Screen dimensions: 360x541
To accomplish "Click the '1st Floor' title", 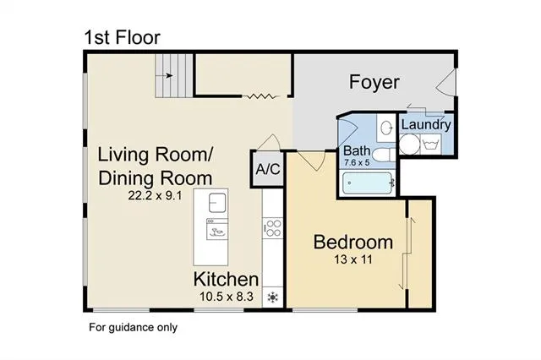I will [x=121, y=37].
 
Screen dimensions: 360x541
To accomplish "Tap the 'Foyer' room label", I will [x=374, y=82].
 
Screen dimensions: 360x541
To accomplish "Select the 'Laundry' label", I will [x=426, y=125].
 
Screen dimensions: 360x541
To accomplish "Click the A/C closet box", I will [x=267, y=167].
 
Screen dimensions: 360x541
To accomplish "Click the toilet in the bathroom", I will [x=380, y=155].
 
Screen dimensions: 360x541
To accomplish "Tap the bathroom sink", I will [x=385, y=128].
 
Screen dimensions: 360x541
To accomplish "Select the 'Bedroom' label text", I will [x=353, y=242].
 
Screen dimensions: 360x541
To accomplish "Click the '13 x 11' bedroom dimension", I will [x=353, y=260].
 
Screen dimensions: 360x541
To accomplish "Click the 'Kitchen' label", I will [x=226, y=279].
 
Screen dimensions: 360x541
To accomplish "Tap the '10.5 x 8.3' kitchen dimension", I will [x=226, y=297].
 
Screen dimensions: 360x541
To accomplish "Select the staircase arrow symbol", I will [x=168, y=75].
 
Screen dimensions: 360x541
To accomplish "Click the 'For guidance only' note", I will [x=133, y=327].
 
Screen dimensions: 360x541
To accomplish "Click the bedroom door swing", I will [x=310, y=161].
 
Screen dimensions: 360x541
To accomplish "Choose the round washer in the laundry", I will [x=408, y=144].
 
